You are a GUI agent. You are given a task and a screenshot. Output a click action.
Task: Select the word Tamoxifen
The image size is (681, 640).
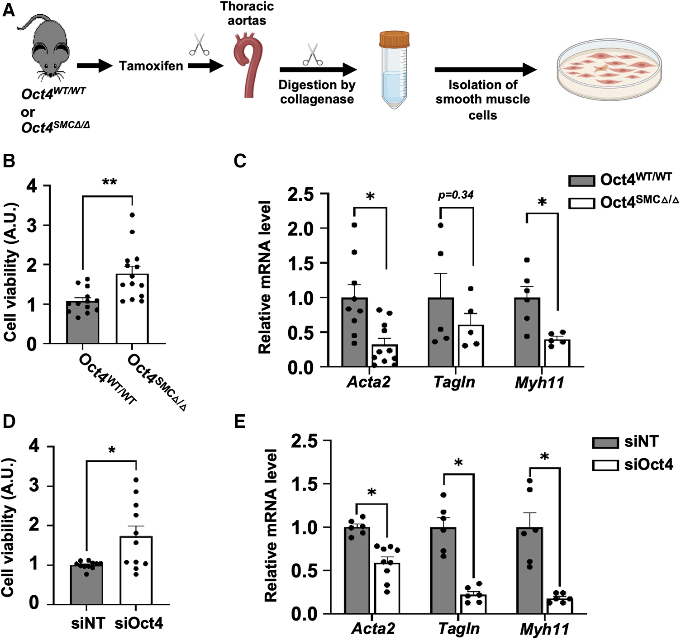[151, 66]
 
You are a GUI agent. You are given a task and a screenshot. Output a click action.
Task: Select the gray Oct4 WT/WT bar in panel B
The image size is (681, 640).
[83, 322]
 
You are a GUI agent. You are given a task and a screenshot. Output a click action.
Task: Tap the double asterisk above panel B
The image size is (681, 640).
[109, 182]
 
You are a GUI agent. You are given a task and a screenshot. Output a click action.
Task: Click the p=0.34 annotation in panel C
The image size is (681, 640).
[456, 195]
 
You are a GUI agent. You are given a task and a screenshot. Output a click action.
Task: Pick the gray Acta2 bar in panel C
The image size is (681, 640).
[354, 332]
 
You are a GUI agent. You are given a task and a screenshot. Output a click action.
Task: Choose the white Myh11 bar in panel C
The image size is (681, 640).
[557, 353]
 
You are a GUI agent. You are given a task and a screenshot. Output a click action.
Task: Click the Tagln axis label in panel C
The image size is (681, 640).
[454, 383]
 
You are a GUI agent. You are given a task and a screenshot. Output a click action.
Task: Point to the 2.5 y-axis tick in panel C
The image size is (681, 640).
[301, 194]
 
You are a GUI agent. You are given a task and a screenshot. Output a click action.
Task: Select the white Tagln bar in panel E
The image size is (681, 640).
[473, 604]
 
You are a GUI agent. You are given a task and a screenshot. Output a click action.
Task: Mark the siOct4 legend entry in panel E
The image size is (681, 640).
[633, 465]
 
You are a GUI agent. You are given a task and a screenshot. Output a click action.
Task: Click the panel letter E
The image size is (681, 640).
[239, 422]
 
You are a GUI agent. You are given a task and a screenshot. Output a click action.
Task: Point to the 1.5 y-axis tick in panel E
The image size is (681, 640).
[305, 484]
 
